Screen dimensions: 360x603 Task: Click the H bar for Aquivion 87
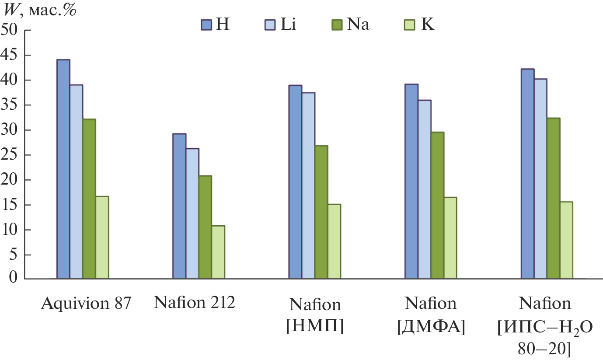point(63,169)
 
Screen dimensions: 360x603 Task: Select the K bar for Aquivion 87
point(102,237)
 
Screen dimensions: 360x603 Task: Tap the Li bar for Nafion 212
point(192,213)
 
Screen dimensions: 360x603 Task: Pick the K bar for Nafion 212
point(218,252)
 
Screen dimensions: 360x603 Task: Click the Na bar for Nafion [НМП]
point(321,212)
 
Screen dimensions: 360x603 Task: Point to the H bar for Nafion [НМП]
point(295,182)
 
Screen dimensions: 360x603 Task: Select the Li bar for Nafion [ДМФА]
point(424,189)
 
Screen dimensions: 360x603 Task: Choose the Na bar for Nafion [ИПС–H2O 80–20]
point(553,198)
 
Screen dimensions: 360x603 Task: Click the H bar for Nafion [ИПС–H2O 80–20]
point(527,174)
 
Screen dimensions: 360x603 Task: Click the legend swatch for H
point(206,25)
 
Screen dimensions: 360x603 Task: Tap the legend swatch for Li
point(269,25)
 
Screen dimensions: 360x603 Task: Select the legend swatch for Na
point(338,25)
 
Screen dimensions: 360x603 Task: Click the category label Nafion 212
point(195,303)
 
